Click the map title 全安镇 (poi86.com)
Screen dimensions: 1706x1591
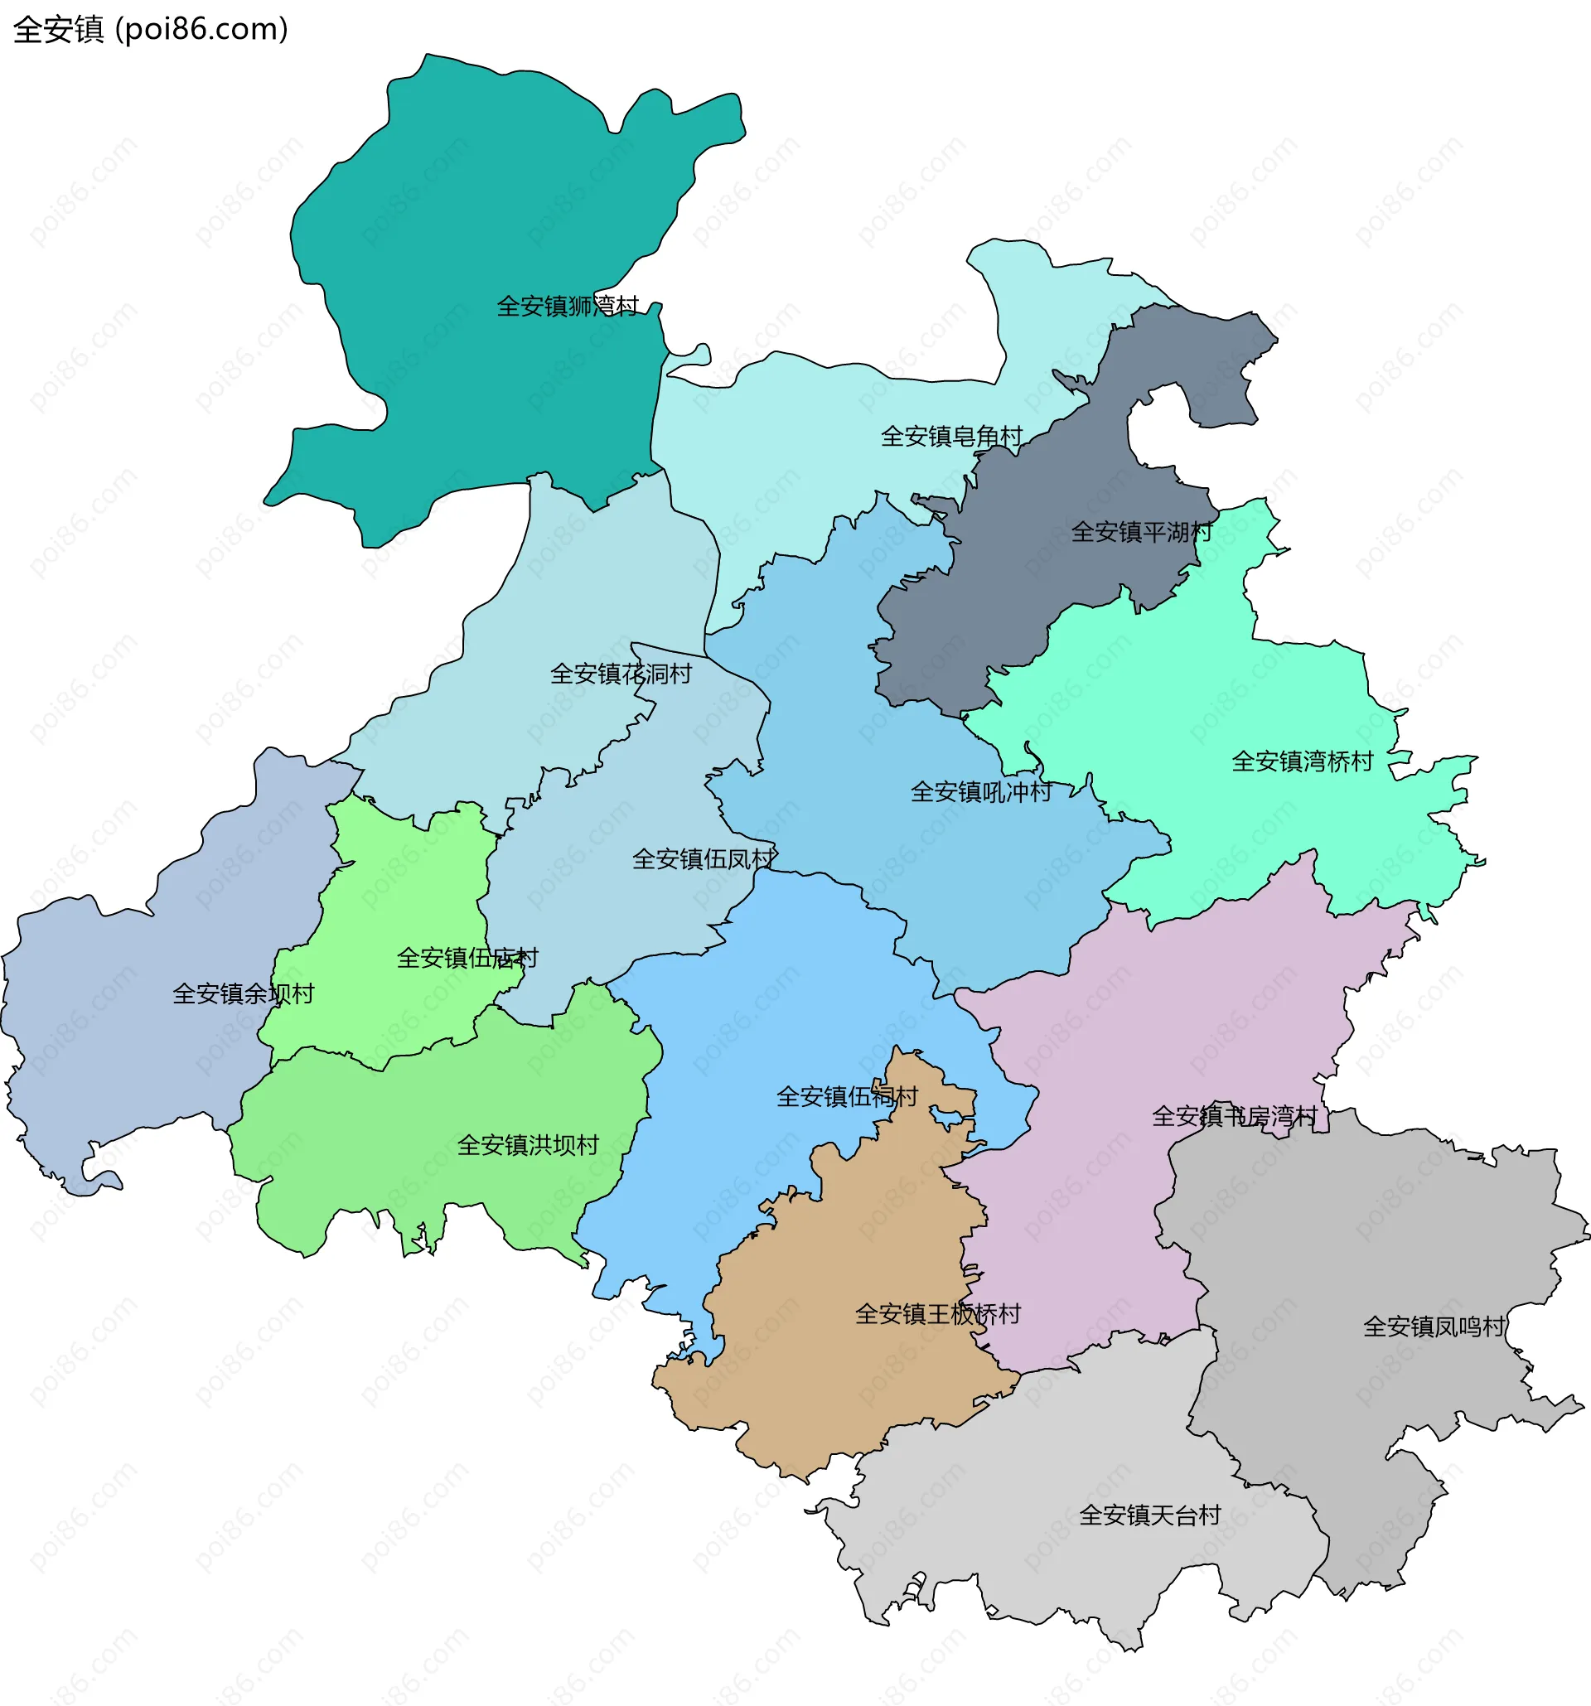(150, 29)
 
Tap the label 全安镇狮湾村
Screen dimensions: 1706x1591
(568, 307)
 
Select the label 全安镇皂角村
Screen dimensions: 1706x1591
(951, 437)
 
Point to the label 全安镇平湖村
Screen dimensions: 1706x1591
(1141, 533)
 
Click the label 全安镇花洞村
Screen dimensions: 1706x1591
(621, 674)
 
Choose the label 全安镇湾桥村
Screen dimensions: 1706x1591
(1302, 762)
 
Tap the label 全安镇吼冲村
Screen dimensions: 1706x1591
(981, 792)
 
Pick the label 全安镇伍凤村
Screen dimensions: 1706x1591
(704, 860)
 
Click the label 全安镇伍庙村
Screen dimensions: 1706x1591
(467, 959)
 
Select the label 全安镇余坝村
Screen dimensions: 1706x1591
(243, 994)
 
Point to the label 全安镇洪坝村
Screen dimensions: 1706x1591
(528, 1146)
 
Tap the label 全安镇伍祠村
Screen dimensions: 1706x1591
(847, 1098)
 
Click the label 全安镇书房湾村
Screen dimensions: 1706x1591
(1234, 1116)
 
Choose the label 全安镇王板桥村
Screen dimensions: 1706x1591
(938, 1315)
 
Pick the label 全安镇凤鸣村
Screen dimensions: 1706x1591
(1434, 1327)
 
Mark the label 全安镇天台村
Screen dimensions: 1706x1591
(1149, 1515)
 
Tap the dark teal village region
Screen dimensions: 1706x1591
(481, 215)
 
